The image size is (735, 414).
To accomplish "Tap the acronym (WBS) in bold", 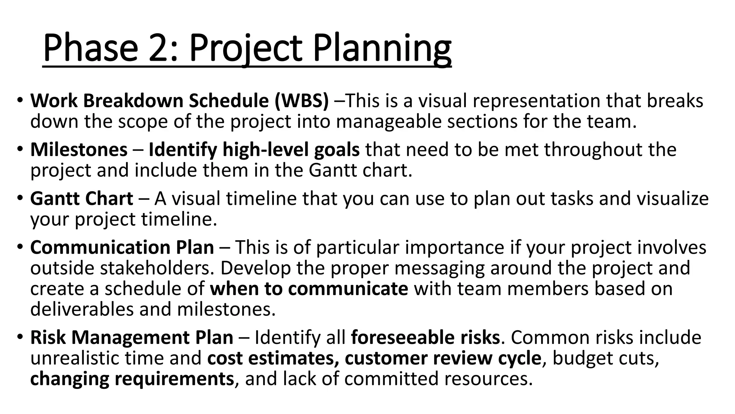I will [x=301, y=101].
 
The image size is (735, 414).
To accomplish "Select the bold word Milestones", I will [x=79, y=149].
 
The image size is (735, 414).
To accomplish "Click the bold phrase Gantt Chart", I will [x=82, y=199].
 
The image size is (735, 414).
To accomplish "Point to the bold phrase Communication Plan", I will [x=122, y=248].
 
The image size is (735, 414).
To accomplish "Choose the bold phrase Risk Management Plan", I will [x=132, y=337].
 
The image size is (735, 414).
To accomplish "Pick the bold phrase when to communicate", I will [x=309, y=289].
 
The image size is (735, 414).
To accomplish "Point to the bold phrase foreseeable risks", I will [x=425, y=337].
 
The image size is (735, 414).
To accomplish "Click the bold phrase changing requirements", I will [x=132, y=379].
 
